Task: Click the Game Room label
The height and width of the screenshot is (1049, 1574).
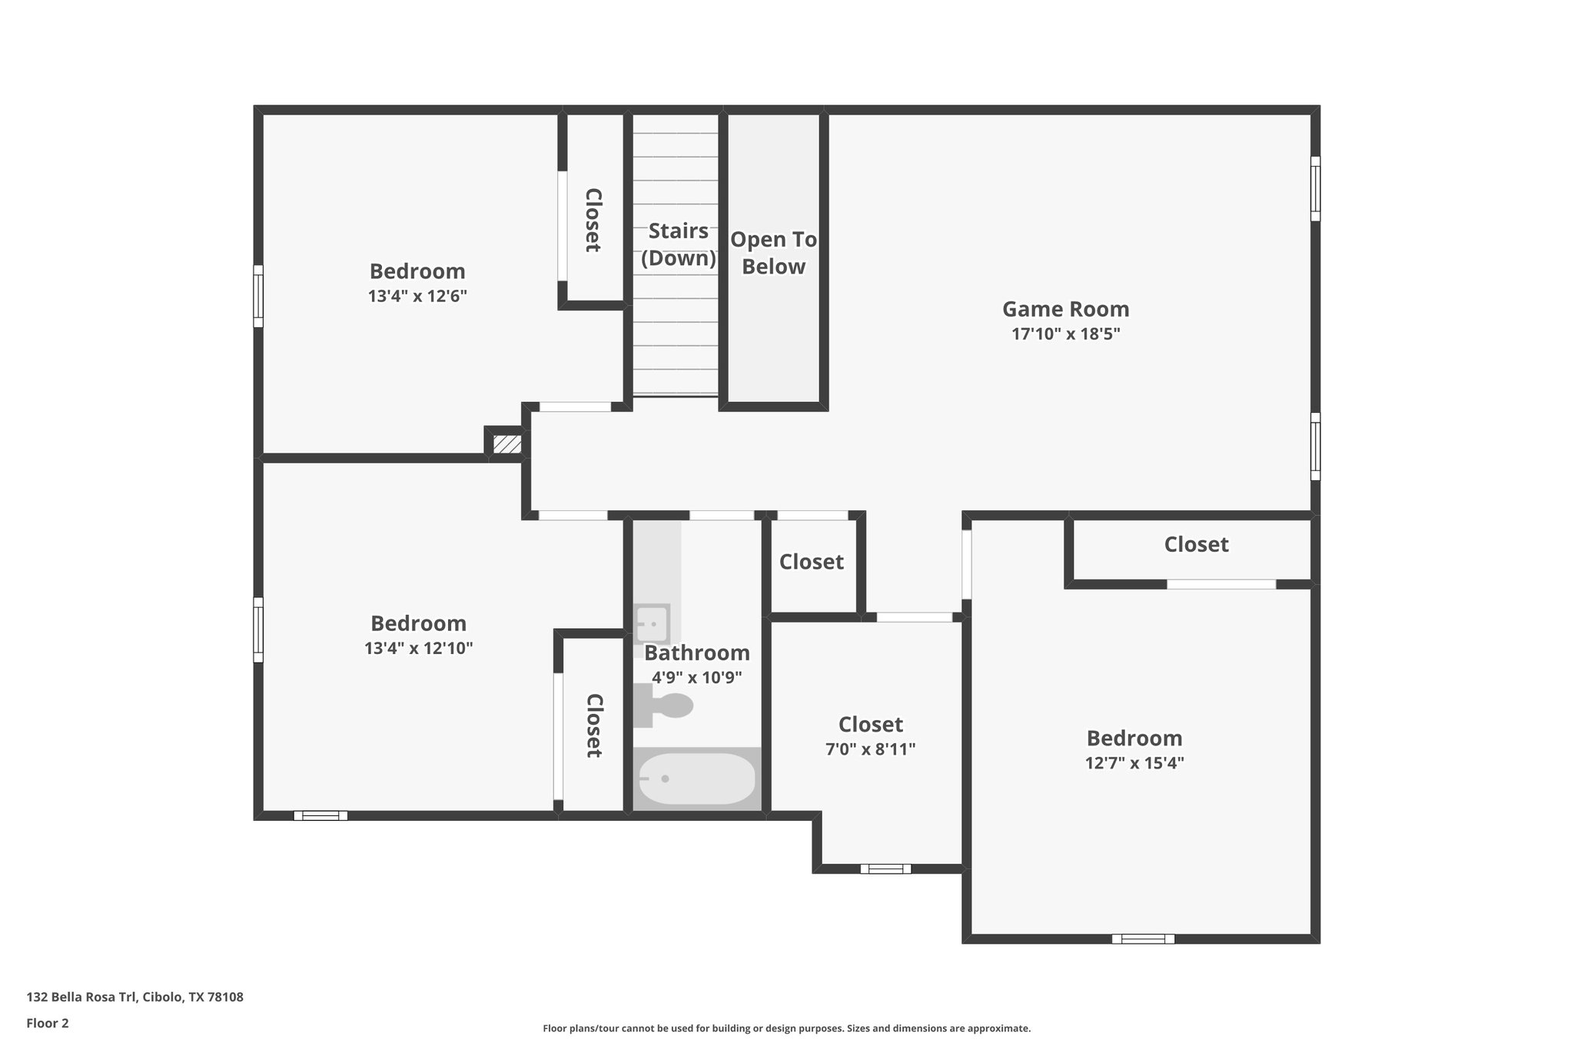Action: pyautogui.click(x=1065, y=309)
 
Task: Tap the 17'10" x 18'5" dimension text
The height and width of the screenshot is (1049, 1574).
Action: pyautogui.click(x=1065, y=334)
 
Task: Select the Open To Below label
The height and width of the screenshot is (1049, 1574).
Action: pyautogui.click(x=773, y=253)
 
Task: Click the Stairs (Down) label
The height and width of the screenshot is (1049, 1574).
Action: pyautogui.click(x=678, y=244)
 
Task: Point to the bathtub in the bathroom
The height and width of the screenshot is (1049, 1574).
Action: pyautogui.click(x=697, y=778)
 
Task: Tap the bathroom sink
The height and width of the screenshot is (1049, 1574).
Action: pyautogui.click(x=652, y=623)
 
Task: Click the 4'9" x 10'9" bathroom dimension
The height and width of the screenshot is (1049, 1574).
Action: pyautogui.click(x=696, y=678)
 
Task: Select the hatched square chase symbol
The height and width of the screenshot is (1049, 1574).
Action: pyautogui.click(x=506, y=444)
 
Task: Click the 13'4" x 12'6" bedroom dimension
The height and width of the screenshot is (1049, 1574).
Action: pyautogui.click(x=417, y=296)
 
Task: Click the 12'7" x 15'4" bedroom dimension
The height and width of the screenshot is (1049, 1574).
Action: pyautogui.click(x=1134, y=763)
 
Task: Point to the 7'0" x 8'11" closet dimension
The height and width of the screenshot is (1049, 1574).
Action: pyautogui.click(x=870, y=749)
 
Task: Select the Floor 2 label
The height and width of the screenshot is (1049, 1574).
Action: pyautogui.click(x=48, y=1024)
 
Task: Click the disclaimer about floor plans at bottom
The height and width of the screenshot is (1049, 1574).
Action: pyautogui.click(x=786, y=1028)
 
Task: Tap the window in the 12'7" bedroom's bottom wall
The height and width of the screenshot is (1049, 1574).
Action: pyautogui.click(x=1143, y=938)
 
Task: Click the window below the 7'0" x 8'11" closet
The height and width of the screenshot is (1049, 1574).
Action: pyautogui.click(x=885, y=869)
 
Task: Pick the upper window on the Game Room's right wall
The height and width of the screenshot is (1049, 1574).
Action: pyautogui.click(x=1315, y=188)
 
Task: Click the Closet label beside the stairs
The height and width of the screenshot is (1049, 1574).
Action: pyautogui.click(x=593, y=220)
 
